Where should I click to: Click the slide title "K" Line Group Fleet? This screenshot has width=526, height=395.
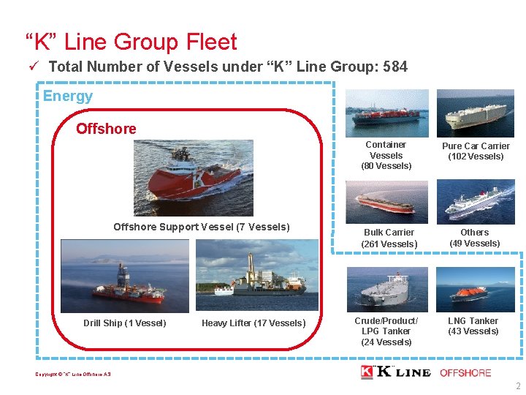click(x=131, y=42)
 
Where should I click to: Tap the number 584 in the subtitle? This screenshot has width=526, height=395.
click(x=394, y=67)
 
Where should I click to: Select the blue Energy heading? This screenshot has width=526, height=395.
click(x=68, y=96)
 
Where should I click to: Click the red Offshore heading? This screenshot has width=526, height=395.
click(x=106, y=129)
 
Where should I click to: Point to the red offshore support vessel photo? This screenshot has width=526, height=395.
click(x=193, y=178)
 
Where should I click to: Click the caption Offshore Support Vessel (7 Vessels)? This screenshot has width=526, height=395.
click(x=201, y=227)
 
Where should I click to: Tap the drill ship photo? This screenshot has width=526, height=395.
click(x=124, y=276)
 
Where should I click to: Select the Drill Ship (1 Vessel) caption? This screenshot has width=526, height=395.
click(x=124, y=323)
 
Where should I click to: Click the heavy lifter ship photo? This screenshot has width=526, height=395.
click(x=257, y=276)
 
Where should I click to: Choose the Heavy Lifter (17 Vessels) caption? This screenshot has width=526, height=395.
click(x=254, y=323)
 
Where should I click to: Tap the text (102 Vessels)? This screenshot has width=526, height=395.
click(x=476, y=157)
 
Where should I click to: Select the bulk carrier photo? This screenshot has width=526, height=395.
click(x=387, y=202)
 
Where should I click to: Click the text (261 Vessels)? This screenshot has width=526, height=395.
click(x=389, y=244)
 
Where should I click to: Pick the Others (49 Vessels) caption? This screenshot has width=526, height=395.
click(x=475, y=238)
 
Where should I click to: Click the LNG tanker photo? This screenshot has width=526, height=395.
click(x=475, y=290)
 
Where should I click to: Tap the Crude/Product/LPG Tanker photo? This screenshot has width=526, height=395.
click(x=387, y=290)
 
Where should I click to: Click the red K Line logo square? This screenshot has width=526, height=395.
click(x=367, y=372)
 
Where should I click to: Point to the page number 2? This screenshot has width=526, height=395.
click(x=517, y=386)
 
